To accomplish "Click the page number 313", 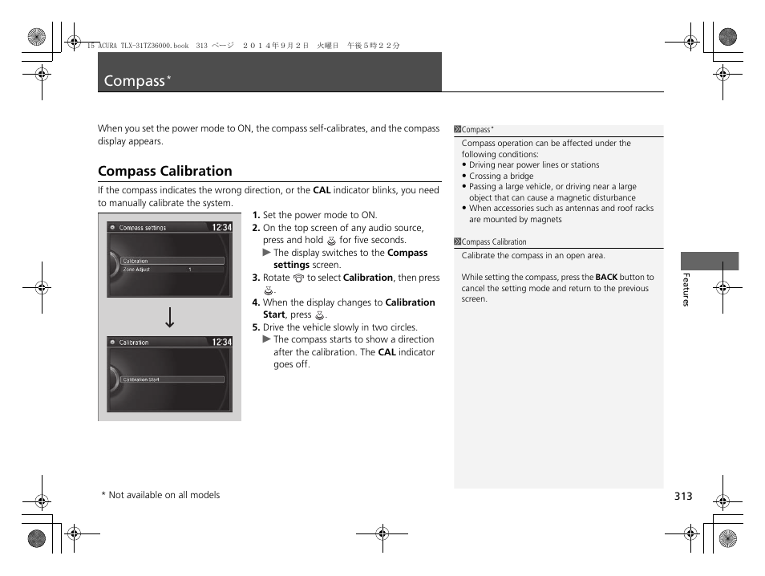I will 682,497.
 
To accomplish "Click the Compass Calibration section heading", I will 164,171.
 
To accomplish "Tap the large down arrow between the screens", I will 169,318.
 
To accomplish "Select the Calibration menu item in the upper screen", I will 136,261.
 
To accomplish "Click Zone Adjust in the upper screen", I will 136,270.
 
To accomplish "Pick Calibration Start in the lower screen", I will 141,379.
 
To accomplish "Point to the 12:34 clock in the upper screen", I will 221,228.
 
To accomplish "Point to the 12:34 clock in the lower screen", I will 221,343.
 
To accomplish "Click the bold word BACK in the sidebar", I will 606,278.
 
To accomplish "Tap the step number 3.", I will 256,278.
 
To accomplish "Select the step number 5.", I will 256,327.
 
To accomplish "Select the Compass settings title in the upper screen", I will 143,228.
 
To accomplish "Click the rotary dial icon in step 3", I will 298,278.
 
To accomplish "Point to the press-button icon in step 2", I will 330,241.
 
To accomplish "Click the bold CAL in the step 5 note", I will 387,352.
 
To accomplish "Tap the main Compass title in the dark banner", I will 135,81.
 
